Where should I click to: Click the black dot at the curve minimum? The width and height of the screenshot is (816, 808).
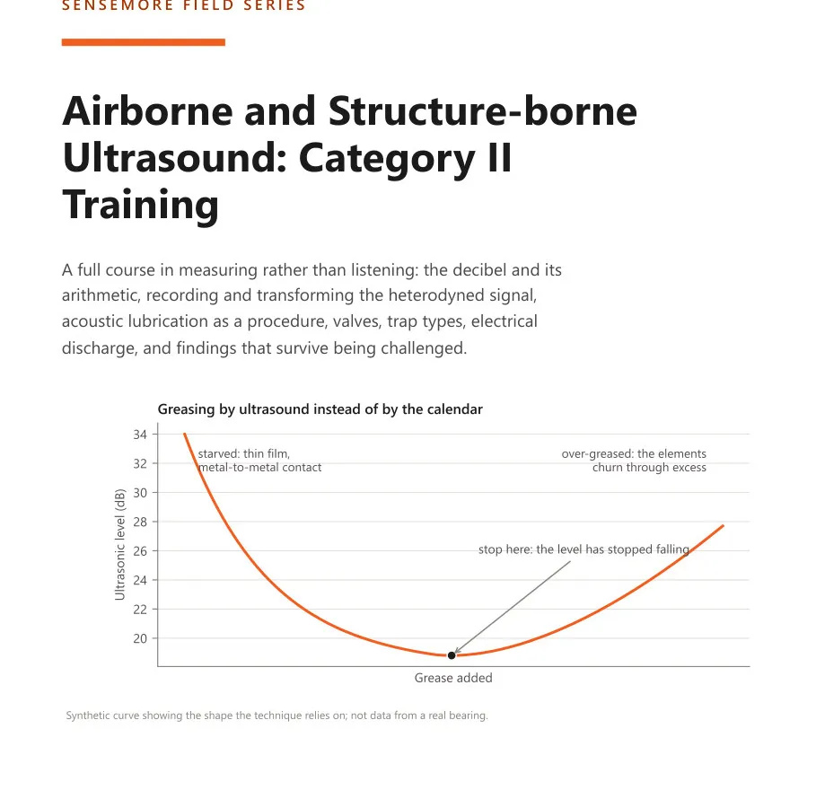tap(452, 655)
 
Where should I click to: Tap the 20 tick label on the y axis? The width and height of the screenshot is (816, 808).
tap(140, 639)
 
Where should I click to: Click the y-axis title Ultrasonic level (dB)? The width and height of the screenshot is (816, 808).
tap(119, 545)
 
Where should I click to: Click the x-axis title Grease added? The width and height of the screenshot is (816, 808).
tap(453, 678)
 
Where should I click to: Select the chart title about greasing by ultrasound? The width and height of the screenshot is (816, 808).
tap(320, 409)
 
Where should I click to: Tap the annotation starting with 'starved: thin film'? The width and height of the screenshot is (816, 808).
tap(259, 461)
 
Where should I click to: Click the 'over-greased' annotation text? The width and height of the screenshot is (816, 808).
tap(634, 461)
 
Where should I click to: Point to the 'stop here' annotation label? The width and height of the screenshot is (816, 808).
tap(583, 549)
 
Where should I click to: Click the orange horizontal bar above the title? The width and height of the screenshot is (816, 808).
tap(143, 42)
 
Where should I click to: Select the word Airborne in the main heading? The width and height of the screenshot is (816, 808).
tap(147, 111)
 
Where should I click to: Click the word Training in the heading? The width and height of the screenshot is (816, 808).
tap(141, 205)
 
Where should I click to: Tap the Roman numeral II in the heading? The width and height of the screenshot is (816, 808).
tap(500, 158)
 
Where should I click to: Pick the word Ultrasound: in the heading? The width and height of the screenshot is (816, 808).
tap(175, 158)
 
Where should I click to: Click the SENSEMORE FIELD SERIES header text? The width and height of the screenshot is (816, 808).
tap(184, 6)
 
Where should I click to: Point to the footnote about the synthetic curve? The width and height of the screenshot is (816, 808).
tap(276, 716)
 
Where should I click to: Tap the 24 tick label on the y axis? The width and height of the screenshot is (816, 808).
tap(140, 581)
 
